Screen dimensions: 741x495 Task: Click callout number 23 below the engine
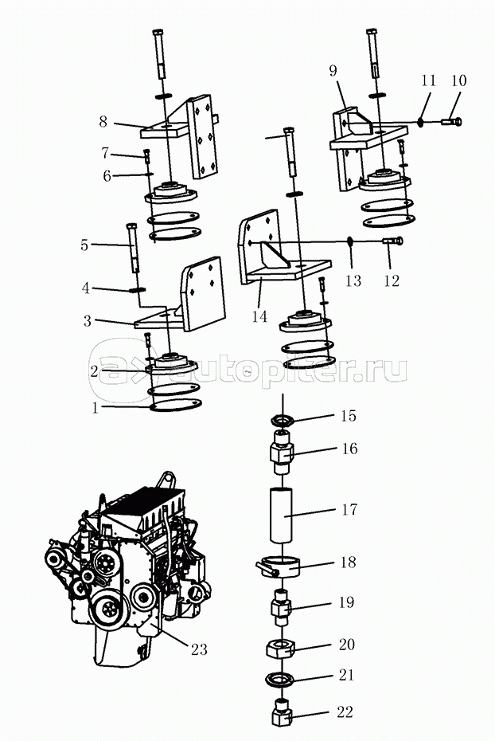tap(198, 649)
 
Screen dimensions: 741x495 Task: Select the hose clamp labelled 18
tap(278, 568)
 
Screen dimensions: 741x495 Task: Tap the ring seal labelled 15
tap(281, 419)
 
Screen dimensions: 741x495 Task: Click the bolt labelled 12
tap(392, 241)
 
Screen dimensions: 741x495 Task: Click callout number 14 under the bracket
tap(259, 317)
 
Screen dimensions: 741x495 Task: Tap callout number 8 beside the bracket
tap(103, 122)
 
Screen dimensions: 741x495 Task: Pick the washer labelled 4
tap(134, 290)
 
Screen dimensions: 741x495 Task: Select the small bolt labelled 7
tap(146, 155)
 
